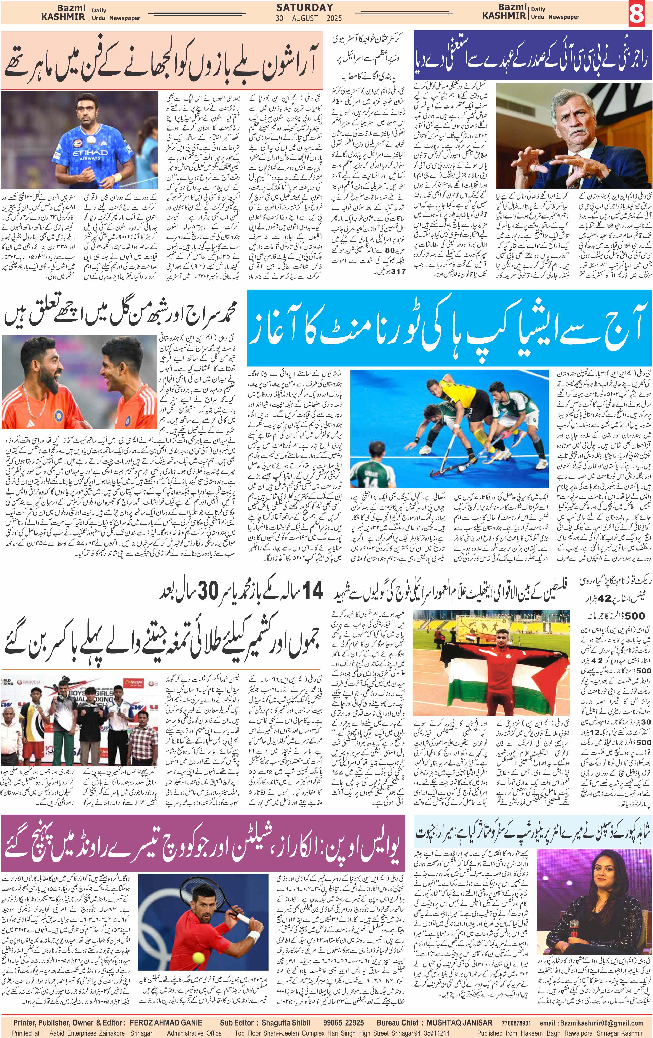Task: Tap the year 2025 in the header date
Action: click(x=331, y=18)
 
